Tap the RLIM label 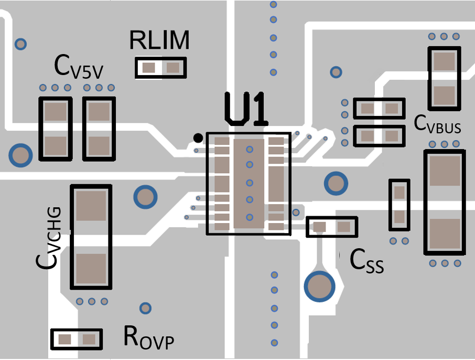[x=159, y=40]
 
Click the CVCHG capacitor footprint [x=91, y=237]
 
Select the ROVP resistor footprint [x=77, y=339]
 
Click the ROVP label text [x=148, y=337]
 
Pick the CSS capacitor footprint [x=331, y=227]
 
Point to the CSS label [x=367, y=261]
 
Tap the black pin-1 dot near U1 [x=198, y=138]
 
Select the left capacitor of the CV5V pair [x=55, y=129]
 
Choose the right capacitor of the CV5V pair [x=99, y=129]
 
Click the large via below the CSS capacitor [x=319, y=286]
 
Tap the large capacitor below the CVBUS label [x=444, y=203]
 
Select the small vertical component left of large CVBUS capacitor [x=399, y=205]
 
